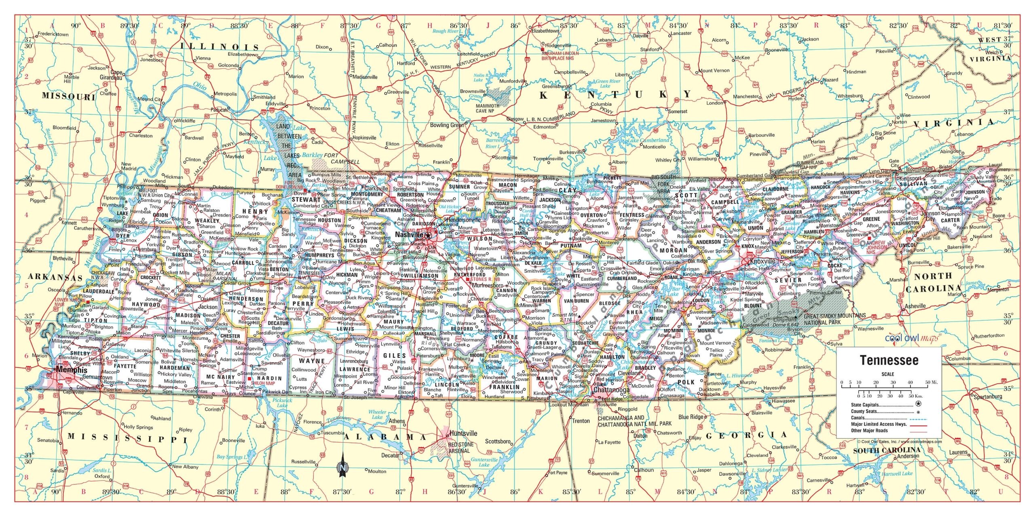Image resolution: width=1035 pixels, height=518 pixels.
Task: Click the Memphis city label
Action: click(72, 369)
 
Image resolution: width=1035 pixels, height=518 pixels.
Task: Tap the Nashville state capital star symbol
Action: click(428, 235)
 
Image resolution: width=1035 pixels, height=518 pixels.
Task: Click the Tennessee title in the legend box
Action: click(889, 360)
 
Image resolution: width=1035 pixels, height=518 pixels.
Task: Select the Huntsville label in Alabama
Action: click(463, 433)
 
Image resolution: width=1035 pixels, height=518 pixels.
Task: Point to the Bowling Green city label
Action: click(446, 125)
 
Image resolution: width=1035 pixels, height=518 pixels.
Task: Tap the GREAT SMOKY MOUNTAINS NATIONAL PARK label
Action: click(834, 319)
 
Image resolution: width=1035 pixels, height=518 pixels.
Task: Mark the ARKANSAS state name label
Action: click(55, 278)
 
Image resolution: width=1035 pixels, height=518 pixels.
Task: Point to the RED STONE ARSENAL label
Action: click(460, 447)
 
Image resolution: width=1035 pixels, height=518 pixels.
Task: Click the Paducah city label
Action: click(220, 110)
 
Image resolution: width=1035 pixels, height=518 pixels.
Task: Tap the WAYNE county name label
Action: click(312, 361)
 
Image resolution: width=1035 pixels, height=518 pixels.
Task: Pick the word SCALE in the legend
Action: click(887, 374)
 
